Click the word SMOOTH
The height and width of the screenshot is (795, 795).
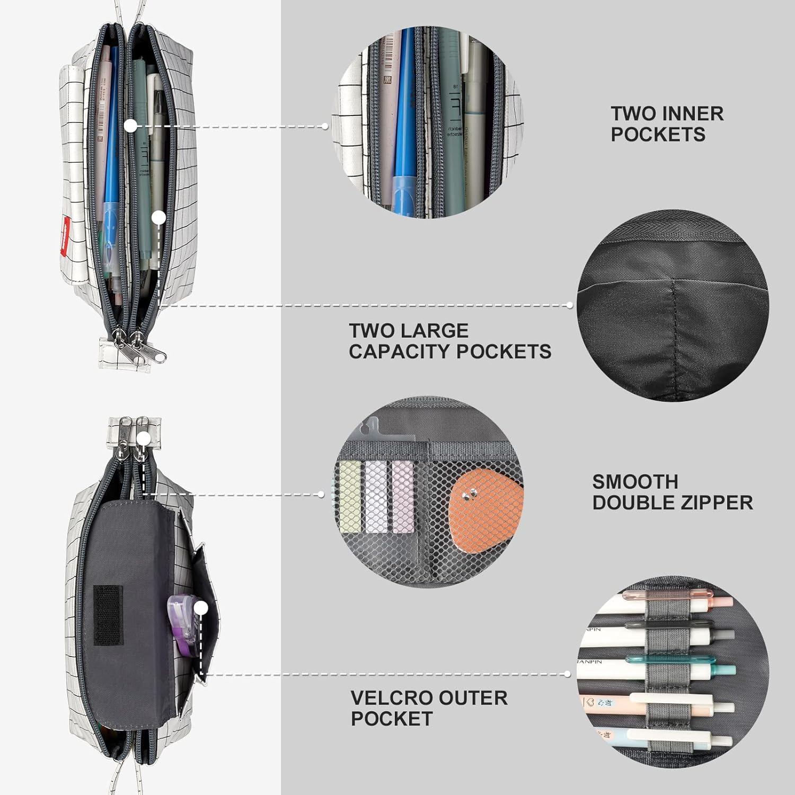pos(635,482)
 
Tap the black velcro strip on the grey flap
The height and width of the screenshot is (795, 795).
pos(108,615)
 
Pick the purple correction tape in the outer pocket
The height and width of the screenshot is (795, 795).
pos(183,617)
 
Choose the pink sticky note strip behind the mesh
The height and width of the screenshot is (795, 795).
pos(403,497)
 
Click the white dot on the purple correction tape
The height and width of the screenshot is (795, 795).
pos(200,608)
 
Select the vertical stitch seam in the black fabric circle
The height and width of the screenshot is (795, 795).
pos(673,329)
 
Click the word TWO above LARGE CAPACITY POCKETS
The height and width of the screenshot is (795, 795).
pos(369,331)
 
